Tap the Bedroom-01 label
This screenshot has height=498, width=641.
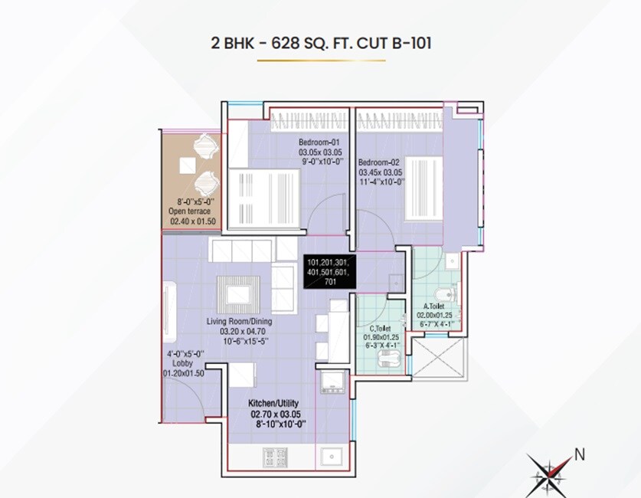tap(319, 143)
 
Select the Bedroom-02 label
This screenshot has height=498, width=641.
tap(380, 162)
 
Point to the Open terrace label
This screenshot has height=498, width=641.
tap(190, 211)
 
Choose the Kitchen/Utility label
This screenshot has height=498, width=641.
tap(273, 403)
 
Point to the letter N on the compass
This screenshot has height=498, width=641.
tap(580, 453)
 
